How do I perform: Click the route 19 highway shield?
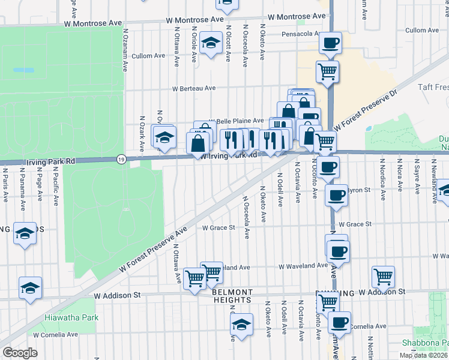121,159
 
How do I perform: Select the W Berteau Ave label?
193,88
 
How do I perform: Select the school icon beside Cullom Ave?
211,44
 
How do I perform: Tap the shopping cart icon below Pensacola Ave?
327,71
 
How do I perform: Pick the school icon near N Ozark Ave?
163,137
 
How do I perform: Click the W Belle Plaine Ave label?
236,121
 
